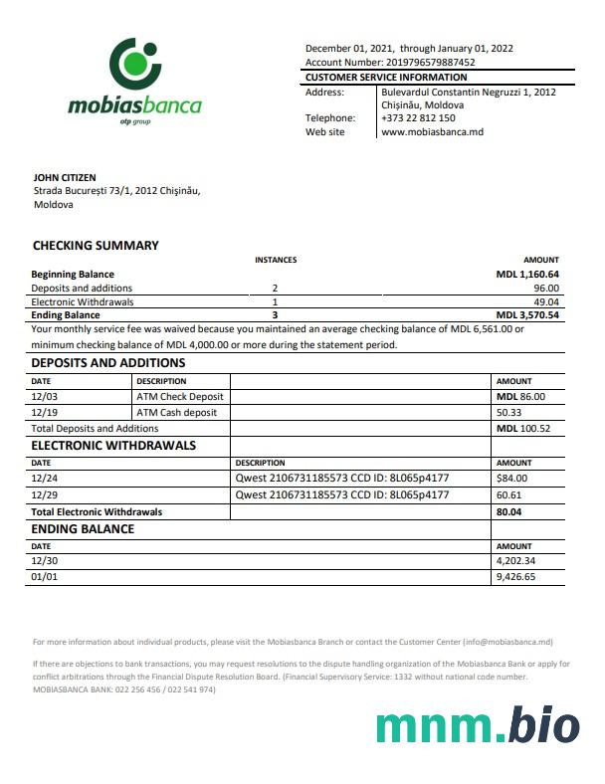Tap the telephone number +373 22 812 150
[x=418, y=117]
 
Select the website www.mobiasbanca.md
[x=432, y=131]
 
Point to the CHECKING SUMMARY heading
[x=96, y=245]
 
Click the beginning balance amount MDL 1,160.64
[x=527, y=274]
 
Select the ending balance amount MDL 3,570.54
[x=527, y=315]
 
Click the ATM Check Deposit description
[x=180, y=396]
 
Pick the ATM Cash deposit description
[x=177, y=412]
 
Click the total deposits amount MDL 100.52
[x=522, y=428]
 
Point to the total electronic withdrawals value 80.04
[x=508, y=511]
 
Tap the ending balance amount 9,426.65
[x=515, y=576]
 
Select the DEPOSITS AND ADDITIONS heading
[x=108, y=363]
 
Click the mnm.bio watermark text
[x=478, y=727]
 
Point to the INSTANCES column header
[x=276, y=260]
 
